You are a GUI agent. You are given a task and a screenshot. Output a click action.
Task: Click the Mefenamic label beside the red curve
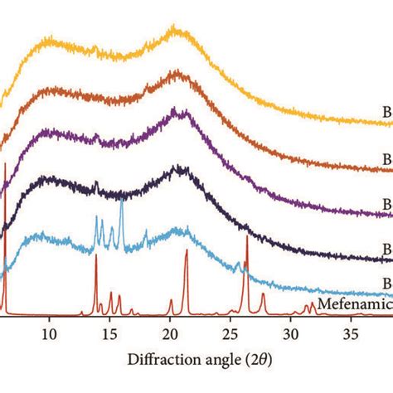point(356,304)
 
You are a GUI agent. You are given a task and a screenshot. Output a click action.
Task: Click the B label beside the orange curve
point(387,158)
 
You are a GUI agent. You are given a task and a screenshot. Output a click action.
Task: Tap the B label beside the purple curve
point(387,202)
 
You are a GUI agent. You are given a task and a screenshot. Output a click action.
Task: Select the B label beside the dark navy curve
point(387,246)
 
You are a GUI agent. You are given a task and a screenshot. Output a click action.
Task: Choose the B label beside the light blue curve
point(387,283)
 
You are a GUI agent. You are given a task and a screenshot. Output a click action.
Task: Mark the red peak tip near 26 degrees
point(246,237)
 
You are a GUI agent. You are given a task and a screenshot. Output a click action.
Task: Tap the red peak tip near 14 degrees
point(96,256)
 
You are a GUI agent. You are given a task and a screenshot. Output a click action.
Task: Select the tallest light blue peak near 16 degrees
point(122,200)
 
